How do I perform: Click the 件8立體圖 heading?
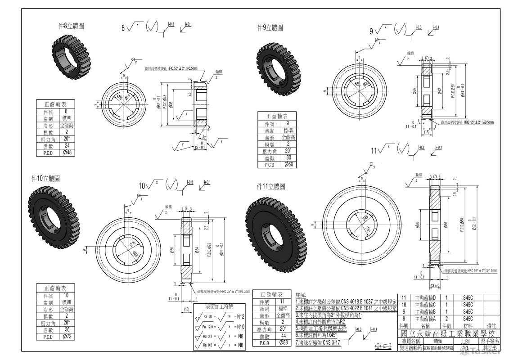pyautogui.click(x=71, y=27)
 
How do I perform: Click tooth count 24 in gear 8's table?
pyautogui.click(x=66, y=146)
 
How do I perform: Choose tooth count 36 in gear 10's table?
pyautogui.click(x=67, y=329)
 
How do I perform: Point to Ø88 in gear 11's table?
pyautogui.click(x=283, y=343)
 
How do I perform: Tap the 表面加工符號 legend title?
pyautogui.click(x=219, y=307)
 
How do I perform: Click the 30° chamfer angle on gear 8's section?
pyautogui.click(x=204, y=137)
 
